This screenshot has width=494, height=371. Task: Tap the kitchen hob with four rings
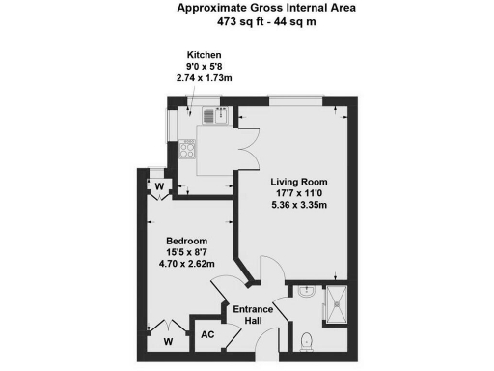[x=189, y=151]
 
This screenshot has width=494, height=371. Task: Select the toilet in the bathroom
[x=307, y=340]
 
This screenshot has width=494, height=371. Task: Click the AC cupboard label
[x=206, y=334]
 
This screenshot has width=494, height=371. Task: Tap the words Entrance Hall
[x=254, y=314]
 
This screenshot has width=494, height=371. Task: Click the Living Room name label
[x=298, y=182]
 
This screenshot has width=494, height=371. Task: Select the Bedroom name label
[x=186, y=241]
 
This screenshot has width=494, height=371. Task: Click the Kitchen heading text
[x=206, y=55]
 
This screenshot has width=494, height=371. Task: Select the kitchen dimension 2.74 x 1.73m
[x=206, y=77]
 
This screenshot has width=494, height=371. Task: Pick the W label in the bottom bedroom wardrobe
[x=167, y=341]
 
